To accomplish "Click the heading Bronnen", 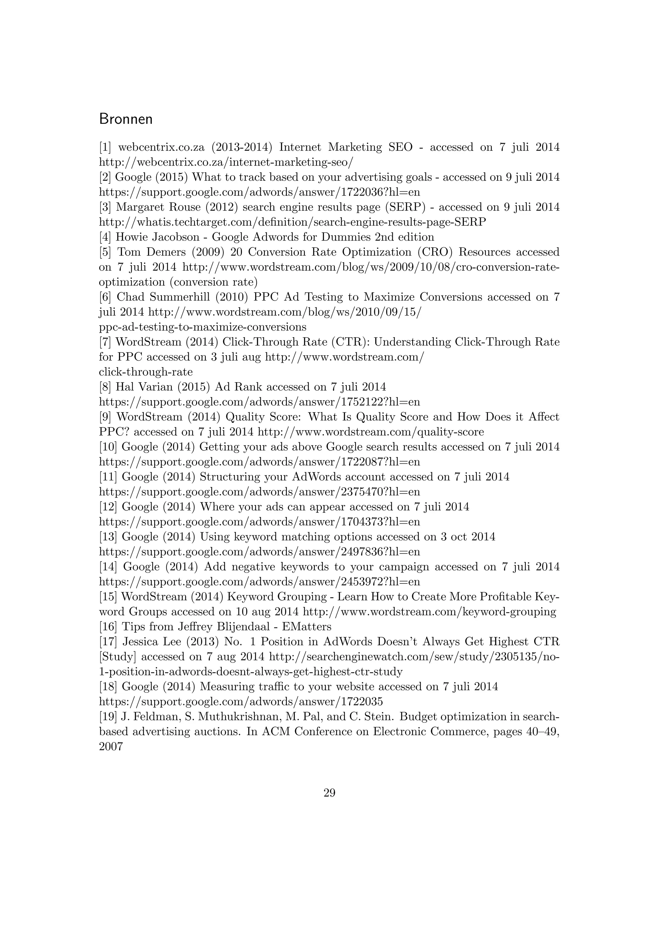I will (x=126, y=119).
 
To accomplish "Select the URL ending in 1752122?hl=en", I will (x=259, y=402).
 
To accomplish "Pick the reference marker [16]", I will (x=108, y=627).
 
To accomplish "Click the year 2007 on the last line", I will (x=111, y=746).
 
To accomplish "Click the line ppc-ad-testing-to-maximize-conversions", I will (x=202, y=327).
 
